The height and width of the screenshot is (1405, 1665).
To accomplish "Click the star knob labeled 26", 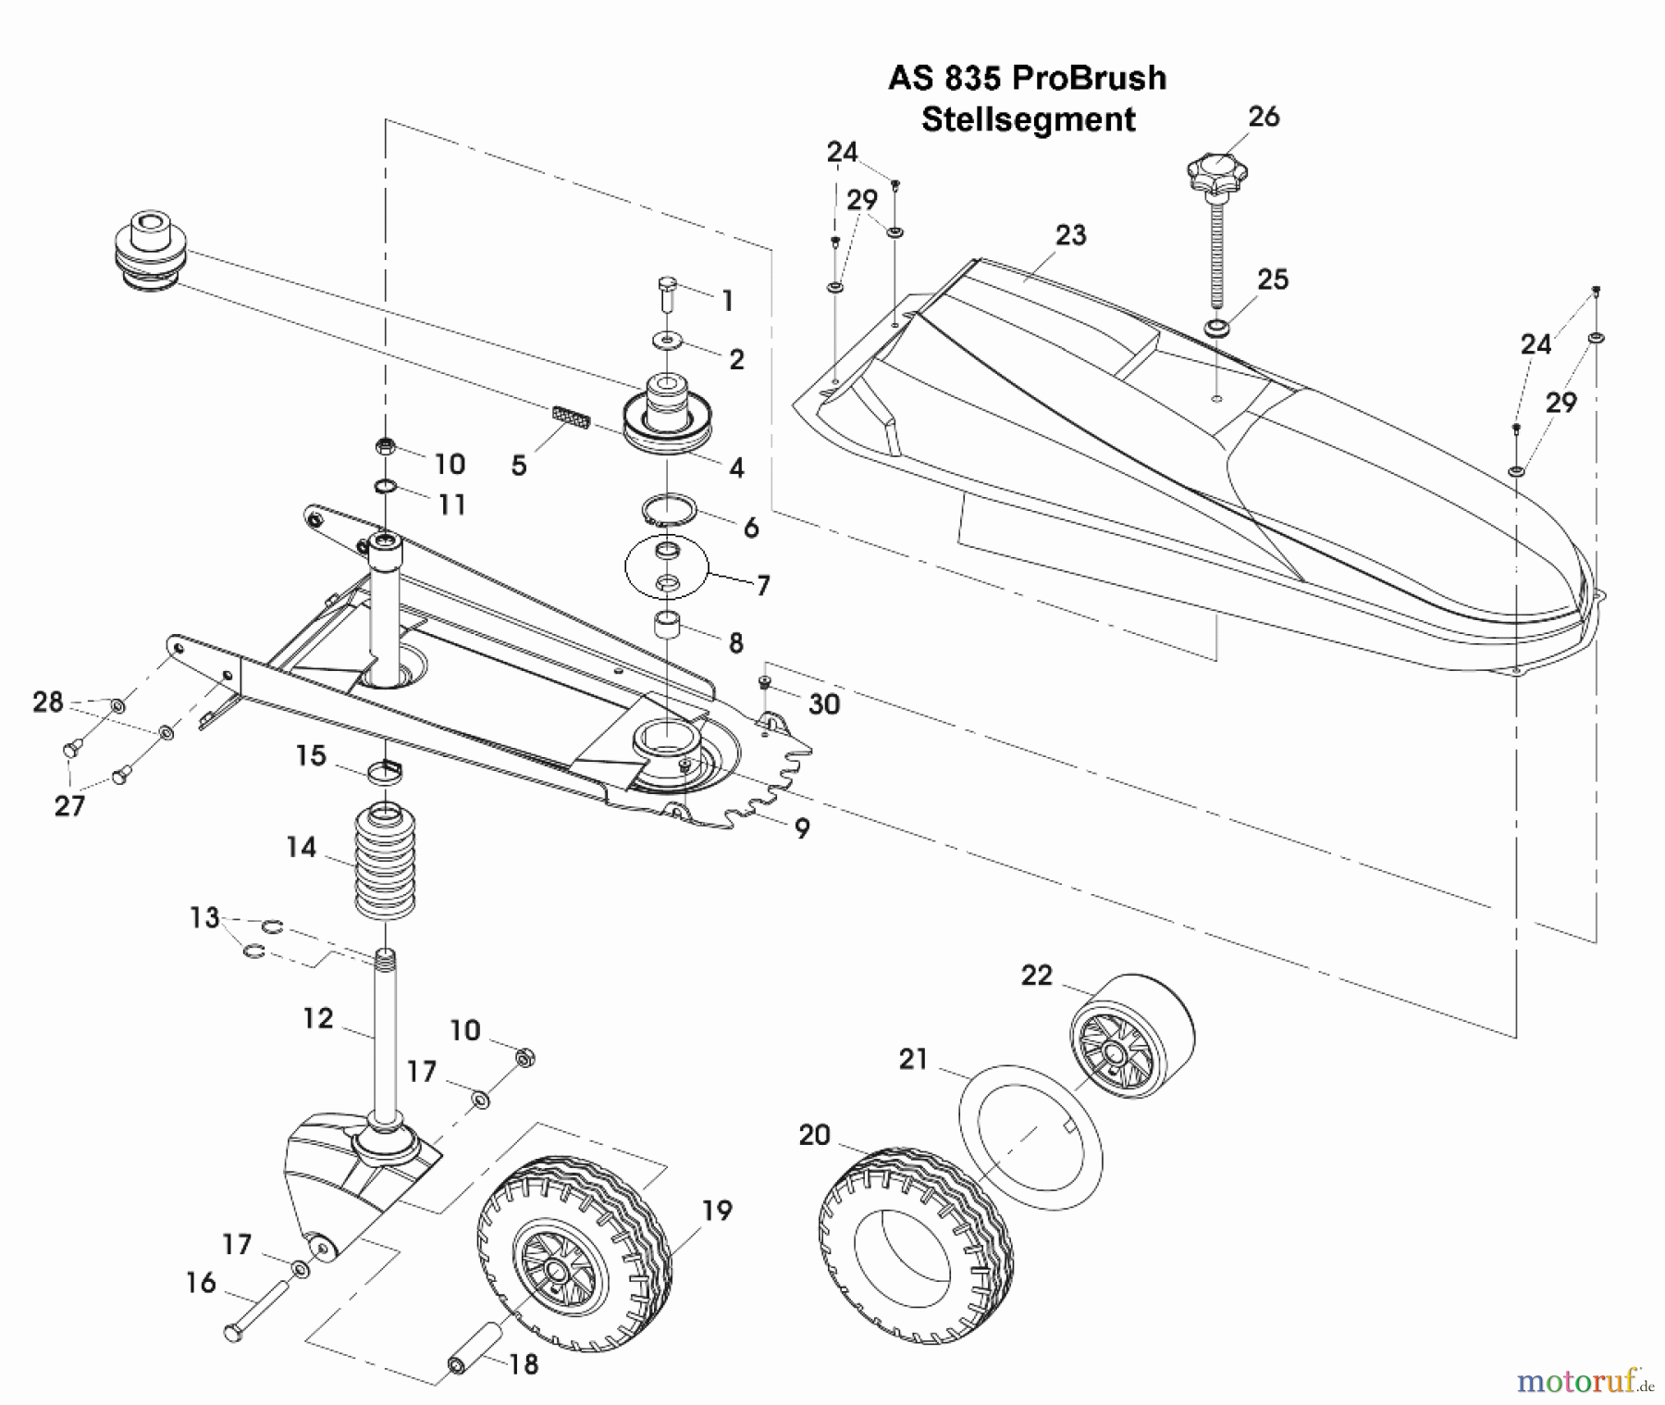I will [1216, 174].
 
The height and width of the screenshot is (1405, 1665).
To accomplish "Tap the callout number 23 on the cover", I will [1070, 235].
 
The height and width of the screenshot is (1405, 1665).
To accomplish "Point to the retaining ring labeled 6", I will [669, 510].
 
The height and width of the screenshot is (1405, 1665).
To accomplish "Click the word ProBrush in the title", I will [1089, 78].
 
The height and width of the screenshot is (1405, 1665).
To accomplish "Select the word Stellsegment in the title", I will [1028, 120].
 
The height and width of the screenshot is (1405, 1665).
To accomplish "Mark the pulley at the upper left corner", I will [151, 253].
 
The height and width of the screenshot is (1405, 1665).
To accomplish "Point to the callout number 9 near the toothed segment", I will [802, 827].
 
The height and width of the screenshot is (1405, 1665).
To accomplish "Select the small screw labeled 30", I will [765, 683].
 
